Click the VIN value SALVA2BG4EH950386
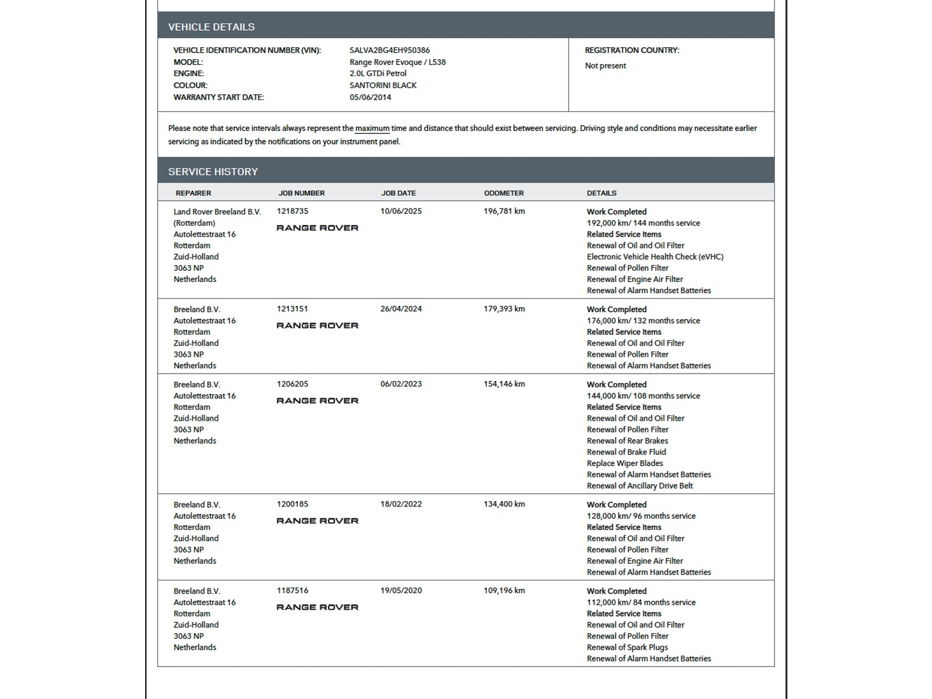[389, 50]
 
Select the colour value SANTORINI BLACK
[383, 85]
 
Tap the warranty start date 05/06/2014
[370, 97]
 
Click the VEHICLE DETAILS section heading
[211, 27]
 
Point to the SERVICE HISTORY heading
[213, 171]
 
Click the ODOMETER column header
[503, 193]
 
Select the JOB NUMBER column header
[301, 193]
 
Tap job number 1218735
[292, 211]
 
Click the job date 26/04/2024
[400, 309]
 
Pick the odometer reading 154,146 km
[504, 384]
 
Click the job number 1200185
[292, 504]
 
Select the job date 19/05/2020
[400, 591]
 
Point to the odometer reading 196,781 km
[504, 211]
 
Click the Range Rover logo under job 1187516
[317, 607]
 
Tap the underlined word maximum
[372, 129]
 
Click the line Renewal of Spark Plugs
[627, 648]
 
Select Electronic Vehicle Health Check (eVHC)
[654, 257]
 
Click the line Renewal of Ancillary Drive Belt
[639, 486]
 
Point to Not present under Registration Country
[605, 66]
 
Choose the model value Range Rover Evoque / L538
[397, 62]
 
